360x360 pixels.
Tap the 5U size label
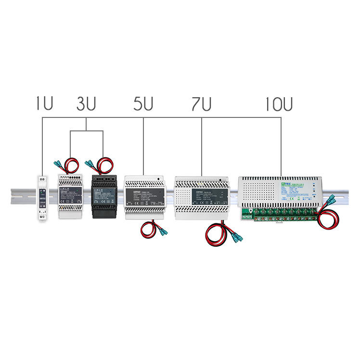coord(143,104)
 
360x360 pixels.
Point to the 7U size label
coord(201,104)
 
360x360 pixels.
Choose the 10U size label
coord(279,104)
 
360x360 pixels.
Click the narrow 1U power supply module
coord(42,198)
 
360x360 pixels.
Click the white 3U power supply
coord(70,197)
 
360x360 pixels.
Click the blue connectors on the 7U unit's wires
coord(234,236)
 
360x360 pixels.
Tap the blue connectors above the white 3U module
coord(59,164)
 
